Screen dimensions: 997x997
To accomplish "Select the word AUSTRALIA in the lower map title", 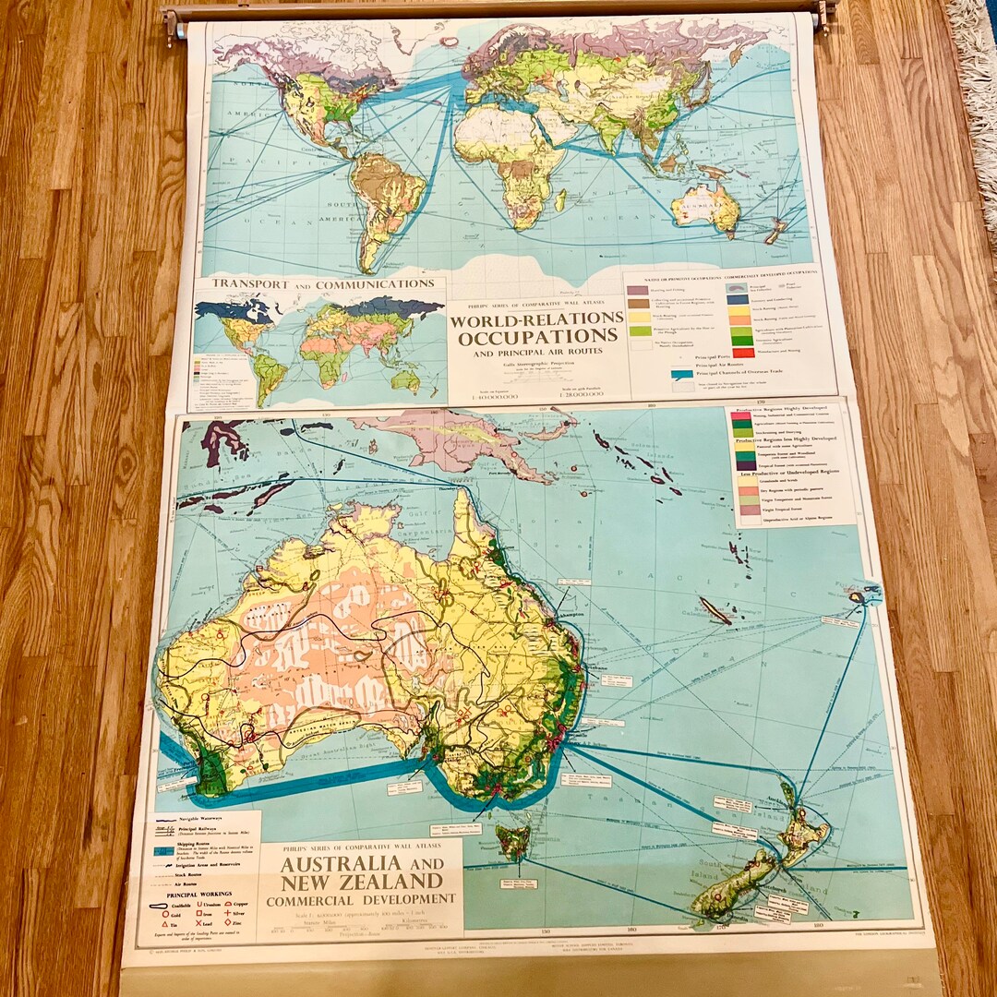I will click(342, 864).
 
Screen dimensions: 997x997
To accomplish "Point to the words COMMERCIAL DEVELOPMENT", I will click(361, 898).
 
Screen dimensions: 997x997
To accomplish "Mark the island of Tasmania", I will click(512, 840).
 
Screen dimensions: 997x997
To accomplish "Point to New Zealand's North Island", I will click(801, 831).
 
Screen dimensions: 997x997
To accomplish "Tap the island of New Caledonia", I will click(715, 610).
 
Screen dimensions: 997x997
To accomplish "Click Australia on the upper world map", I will click(706, 206).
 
